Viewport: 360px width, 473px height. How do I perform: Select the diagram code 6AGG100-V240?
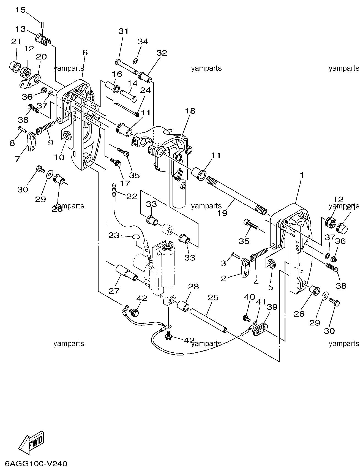pos(36,464)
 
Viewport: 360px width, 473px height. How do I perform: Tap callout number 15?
pos(20,10)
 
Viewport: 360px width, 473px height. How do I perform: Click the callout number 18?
pos(190,111)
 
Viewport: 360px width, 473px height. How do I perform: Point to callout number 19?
pos(222,213)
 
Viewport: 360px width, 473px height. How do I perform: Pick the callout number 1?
pos(301,175)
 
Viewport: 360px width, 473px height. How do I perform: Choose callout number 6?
pos(85,53)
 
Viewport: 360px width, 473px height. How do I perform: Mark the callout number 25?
pos(213,297)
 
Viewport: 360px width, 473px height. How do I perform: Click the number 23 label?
pos(114,235)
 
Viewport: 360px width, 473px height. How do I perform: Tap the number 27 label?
pos(114,291)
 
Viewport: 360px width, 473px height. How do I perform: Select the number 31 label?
pos(123,31)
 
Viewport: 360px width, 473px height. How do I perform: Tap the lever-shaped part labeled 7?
pos(32,140)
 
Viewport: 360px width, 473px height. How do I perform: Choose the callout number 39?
pos(272,307)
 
